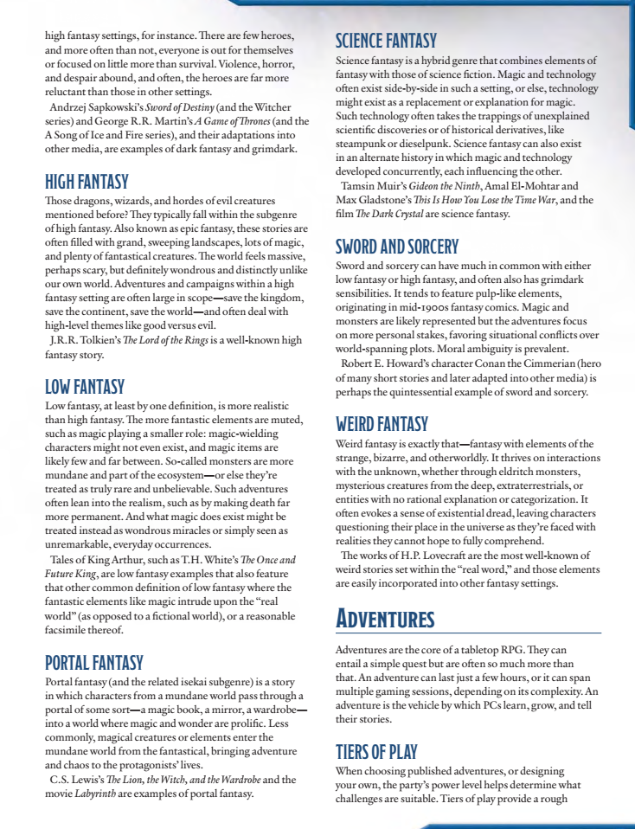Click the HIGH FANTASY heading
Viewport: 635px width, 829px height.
click(x=87, y=182)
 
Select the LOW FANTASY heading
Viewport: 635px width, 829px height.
click(x=85, y=387)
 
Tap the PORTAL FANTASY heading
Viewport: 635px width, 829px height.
click(x=93, y=663)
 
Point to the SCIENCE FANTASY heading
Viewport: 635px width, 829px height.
click(x=386, y=41)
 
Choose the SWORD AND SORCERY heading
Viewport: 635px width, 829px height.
click(x=397, y=246)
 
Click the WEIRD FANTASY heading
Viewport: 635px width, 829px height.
click(x=382, y=424)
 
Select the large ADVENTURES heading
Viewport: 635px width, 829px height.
click(x=385, y=620)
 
